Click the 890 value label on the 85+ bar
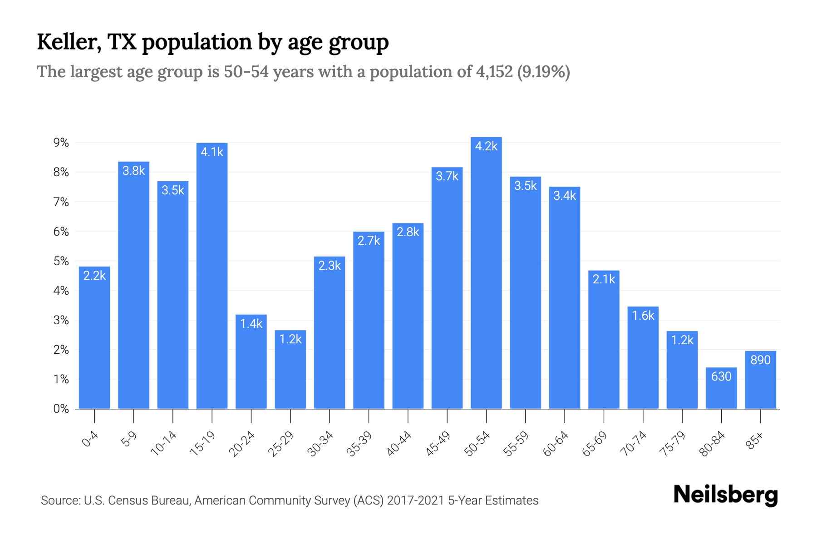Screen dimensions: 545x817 point(760,360)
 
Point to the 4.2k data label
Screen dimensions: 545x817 point(486,146)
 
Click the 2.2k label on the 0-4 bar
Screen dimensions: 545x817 point(94,275)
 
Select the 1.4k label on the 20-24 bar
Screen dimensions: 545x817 point(251,323)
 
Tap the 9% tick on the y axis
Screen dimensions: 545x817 point(61,143)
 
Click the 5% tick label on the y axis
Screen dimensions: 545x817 point(61,261)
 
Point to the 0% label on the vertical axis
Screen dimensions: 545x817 point(61,409)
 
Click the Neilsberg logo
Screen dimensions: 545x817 point(725,495)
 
